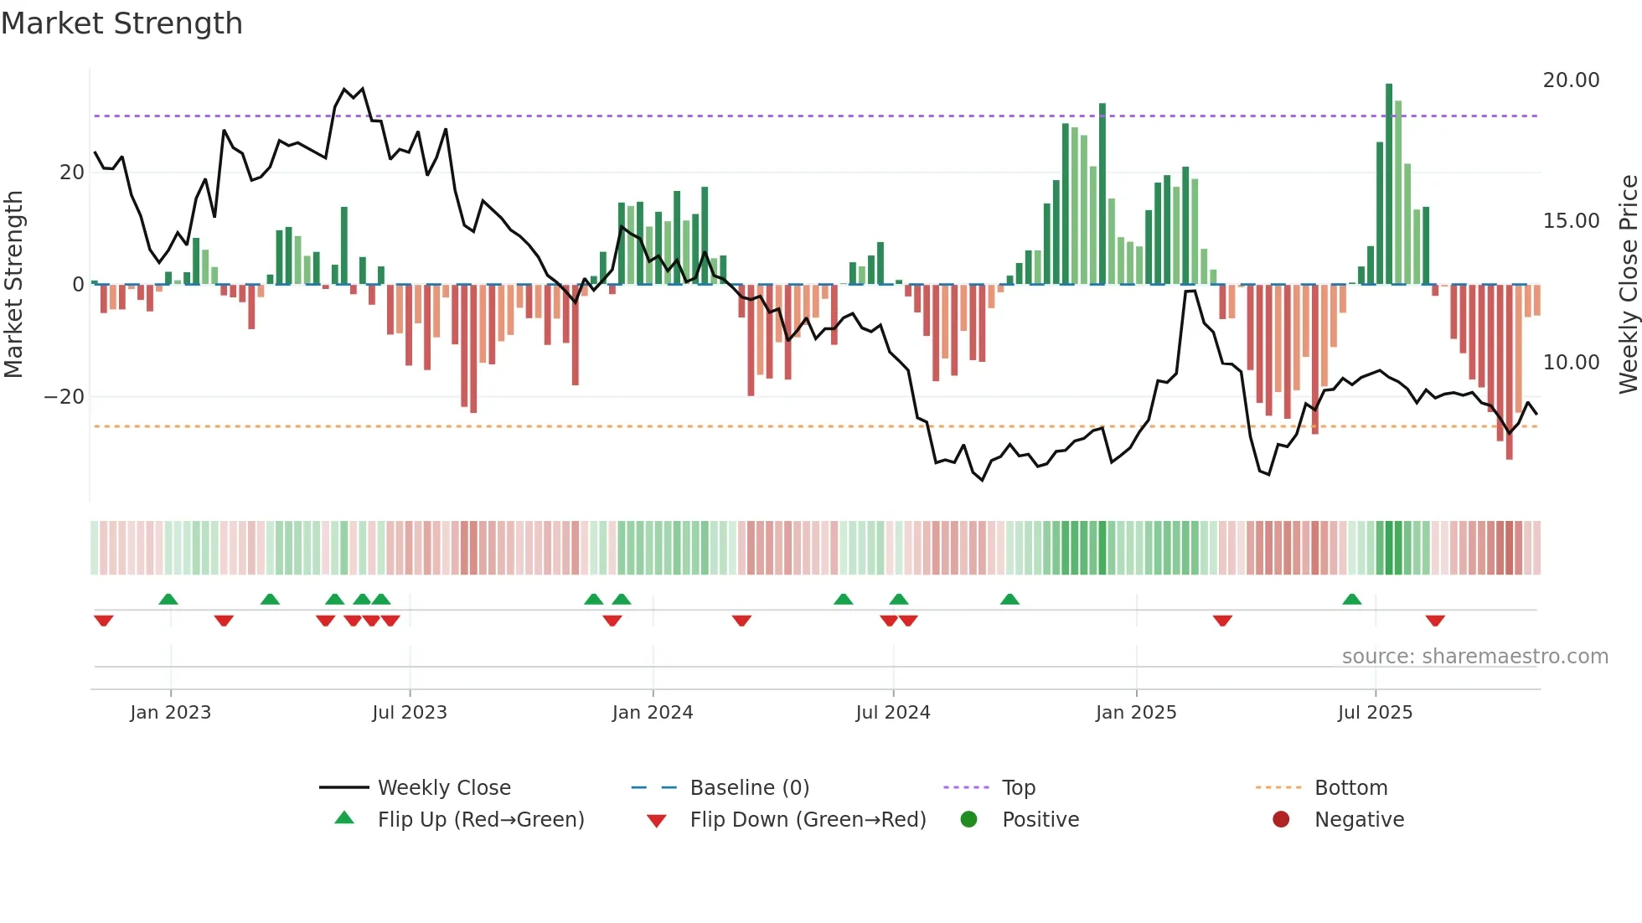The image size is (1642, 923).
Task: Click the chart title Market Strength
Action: [121, 23]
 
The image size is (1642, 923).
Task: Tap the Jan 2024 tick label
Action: [653, 713]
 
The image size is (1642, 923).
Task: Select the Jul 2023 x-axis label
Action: [410, 713]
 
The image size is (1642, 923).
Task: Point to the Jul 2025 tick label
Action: [1375, 713]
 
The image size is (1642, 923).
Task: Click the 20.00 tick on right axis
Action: [1571, 80]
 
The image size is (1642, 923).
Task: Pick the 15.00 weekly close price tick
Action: [1571, 221]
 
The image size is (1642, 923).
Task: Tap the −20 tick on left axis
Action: [65, 397]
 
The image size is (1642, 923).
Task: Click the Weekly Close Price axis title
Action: [1628, 285]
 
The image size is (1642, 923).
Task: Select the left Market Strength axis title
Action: [13, 285]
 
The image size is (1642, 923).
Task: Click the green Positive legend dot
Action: [968, 820]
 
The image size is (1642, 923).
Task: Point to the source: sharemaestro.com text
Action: [1474, 657]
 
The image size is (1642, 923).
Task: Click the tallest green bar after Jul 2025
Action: [1389, 184]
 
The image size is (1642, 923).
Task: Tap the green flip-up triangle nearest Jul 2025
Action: [1352, 600]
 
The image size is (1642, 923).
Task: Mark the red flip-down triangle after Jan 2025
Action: [1222, 621]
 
